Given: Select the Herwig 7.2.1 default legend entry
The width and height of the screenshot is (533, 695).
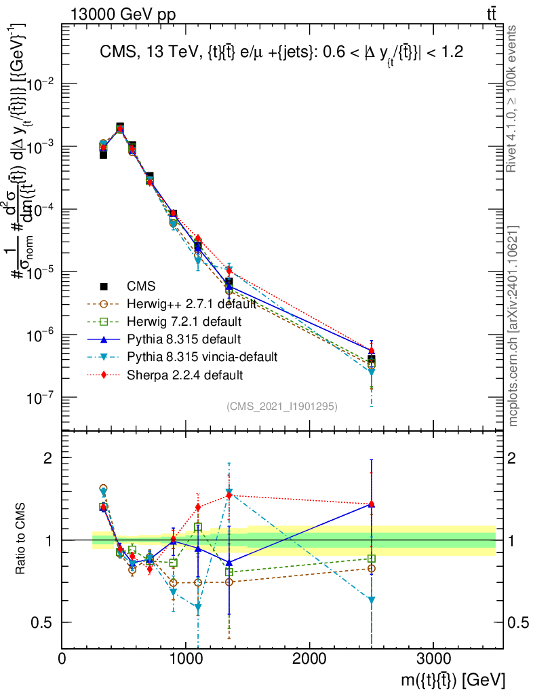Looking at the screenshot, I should coord(176,321).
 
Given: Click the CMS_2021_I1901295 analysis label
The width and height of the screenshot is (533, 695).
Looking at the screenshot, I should coord(282,406).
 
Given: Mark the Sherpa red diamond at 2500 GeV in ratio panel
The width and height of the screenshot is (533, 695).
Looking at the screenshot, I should coord(372,504).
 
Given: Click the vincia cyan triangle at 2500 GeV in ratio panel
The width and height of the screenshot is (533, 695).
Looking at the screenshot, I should coord(372,600).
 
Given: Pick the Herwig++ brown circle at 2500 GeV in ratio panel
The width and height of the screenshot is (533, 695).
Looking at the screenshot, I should coord(372,568).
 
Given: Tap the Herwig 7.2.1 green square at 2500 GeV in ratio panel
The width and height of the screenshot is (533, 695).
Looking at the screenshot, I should coord(372,559).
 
